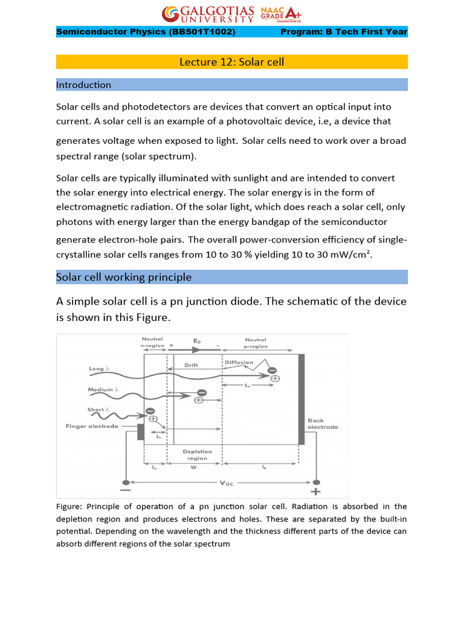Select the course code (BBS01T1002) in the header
pyautogui.click(x=203, y=32)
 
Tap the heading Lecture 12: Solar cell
pyautogui.click(x=232, y=62)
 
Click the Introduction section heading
pyautogui.click(x=83, y=85)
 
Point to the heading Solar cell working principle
pyautogui.click(x=124, y=277)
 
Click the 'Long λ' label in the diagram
pyautogui.click(x=99, y=369)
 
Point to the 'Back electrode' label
pyautogui.click(x=323, y=423)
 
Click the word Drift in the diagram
pyautogui.click(x=191, y=366)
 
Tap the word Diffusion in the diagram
pyautogui.click(x=239, y=363)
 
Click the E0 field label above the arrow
pyautogui.click(x=197, y=341)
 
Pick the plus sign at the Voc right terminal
pyautogui.click(x=315, y=492)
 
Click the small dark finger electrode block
pyautogui.click(x=140, y=432)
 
